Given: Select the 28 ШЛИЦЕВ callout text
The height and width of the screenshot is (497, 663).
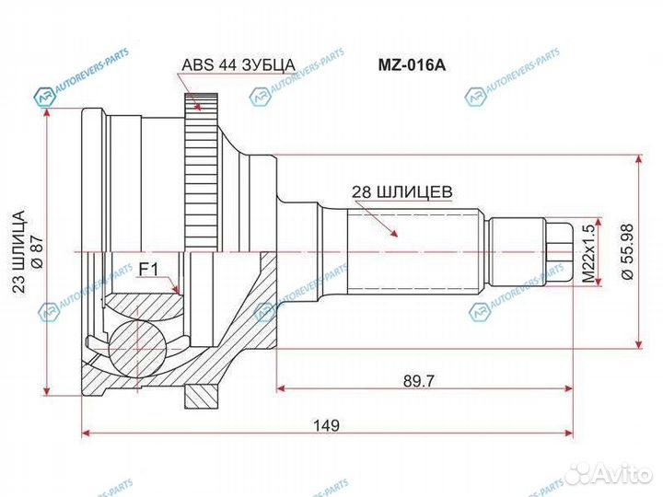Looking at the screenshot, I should (400, 192).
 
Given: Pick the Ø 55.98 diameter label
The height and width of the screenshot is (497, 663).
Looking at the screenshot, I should (627, 250).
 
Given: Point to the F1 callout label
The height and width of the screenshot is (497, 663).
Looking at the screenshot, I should (148, 269).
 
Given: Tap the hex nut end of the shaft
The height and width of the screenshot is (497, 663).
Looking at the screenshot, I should (558, 249).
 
